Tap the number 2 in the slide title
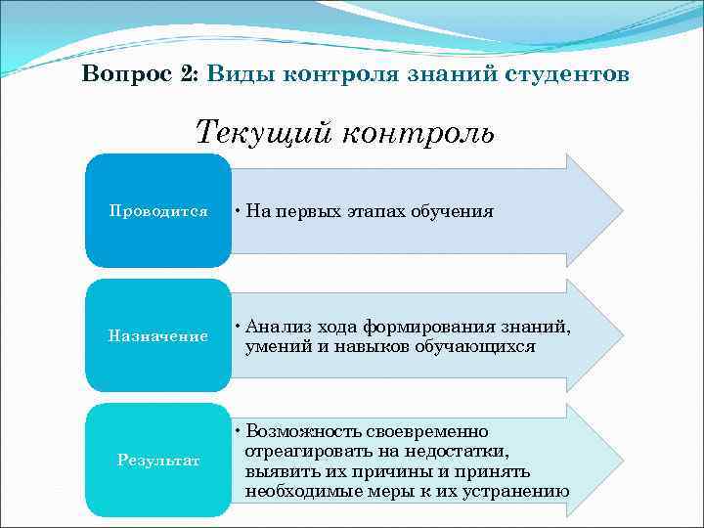[189, 75]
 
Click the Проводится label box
[158, 210]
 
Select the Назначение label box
[158, 335]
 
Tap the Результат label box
[158, 460]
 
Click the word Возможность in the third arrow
[302, 431]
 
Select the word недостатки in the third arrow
[461, 451]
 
